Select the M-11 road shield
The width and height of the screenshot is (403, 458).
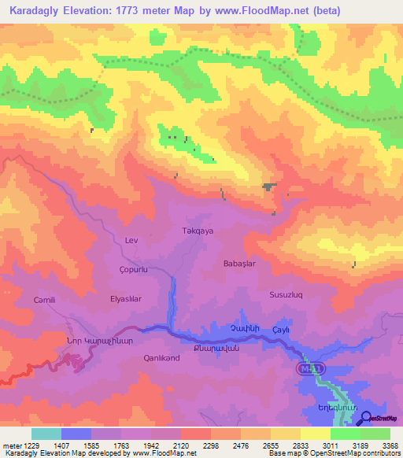[311, 368]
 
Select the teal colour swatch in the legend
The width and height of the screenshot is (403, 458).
[46, 434]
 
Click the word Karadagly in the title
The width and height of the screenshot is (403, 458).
[38, 10]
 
